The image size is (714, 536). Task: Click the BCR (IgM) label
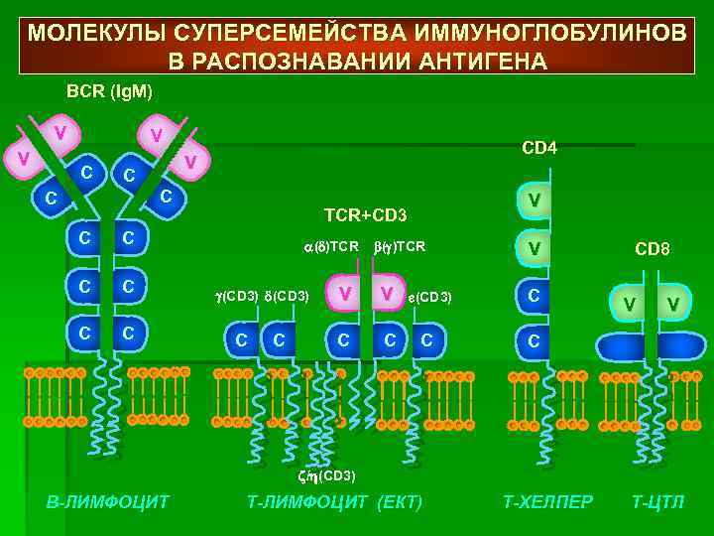click(x=109, y=91)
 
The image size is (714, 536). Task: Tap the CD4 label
click(x=539, y=148)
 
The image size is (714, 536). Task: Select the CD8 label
click(x=653, y=249)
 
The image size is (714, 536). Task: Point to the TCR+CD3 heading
click(x=366, y=215)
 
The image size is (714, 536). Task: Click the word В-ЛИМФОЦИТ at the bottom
click(x=108, y=501)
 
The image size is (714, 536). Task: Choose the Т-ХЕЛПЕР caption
click(x=548, y=501)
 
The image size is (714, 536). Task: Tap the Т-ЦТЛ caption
click(x=657, y=501)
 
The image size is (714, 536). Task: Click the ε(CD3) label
click(x=429, y=297)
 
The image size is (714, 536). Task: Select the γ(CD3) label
click(x=236, y=296)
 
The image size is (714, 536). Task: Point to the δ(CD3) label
click(x=289, y=296)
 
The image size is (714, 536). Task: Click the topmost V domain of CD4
click(x=535, y=201)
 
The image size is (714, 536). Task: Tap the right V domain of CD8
click(x=673, y=302)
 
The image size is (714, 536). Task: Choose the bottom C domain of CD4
click(x=535, y=341)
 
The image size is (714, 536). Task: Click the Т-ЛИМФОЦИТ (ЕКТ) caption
click(x=334, y=501)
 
